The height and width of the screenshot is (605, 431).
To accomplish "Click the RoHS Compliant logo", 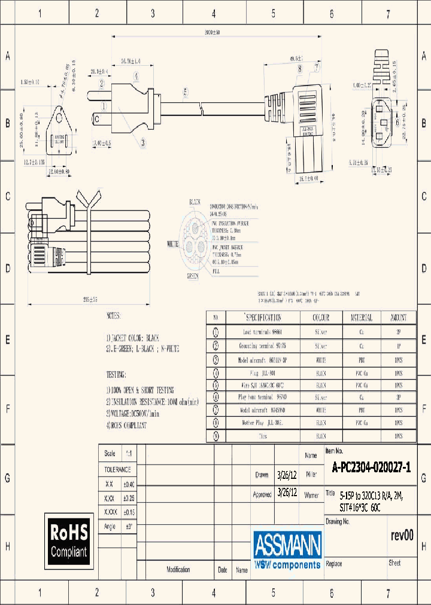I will [x=69, y=541].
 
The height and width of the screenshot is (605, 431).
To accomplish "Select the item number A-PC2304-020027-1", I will [x=371, y=468].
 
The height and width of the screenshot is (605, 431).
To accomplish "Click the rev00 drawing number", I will [x=402, y=536].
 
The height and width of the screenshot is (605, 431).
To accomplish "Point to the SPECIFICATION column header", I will [x=263, y=317].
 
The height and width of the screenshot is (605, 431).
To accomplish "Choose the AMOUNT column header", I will [x=398, y=317].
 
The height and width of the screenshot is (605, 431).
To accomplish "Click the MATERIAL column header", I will [x=360, y=317].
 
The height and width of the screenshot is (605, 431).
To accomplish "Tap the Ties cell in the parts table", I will [x=263, y=436].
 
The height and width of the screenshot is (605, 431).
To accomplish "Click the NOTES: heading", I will [x=113, y=315].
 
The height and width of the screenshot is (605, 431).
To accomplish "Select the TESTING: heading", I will [x=116, y=375].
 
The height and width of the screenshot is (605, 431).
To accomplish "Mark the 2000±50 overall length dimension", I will [x=212, y=32].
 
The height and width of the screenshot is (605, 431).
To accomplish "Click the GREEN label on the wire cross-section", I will [x=193, y=276].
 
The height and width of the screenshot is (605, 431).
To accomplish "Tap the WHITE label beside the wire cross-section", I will [x=174, y=244].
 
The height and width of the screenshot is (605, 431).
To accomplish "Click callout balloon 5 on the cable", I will [x=186, y=91].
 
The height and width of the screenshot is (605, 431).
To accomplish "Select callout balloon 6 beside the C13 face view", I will [x=397, y=123].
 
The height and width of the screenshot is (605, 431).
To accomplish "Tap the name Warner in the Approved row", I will [x=311, y=495].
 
